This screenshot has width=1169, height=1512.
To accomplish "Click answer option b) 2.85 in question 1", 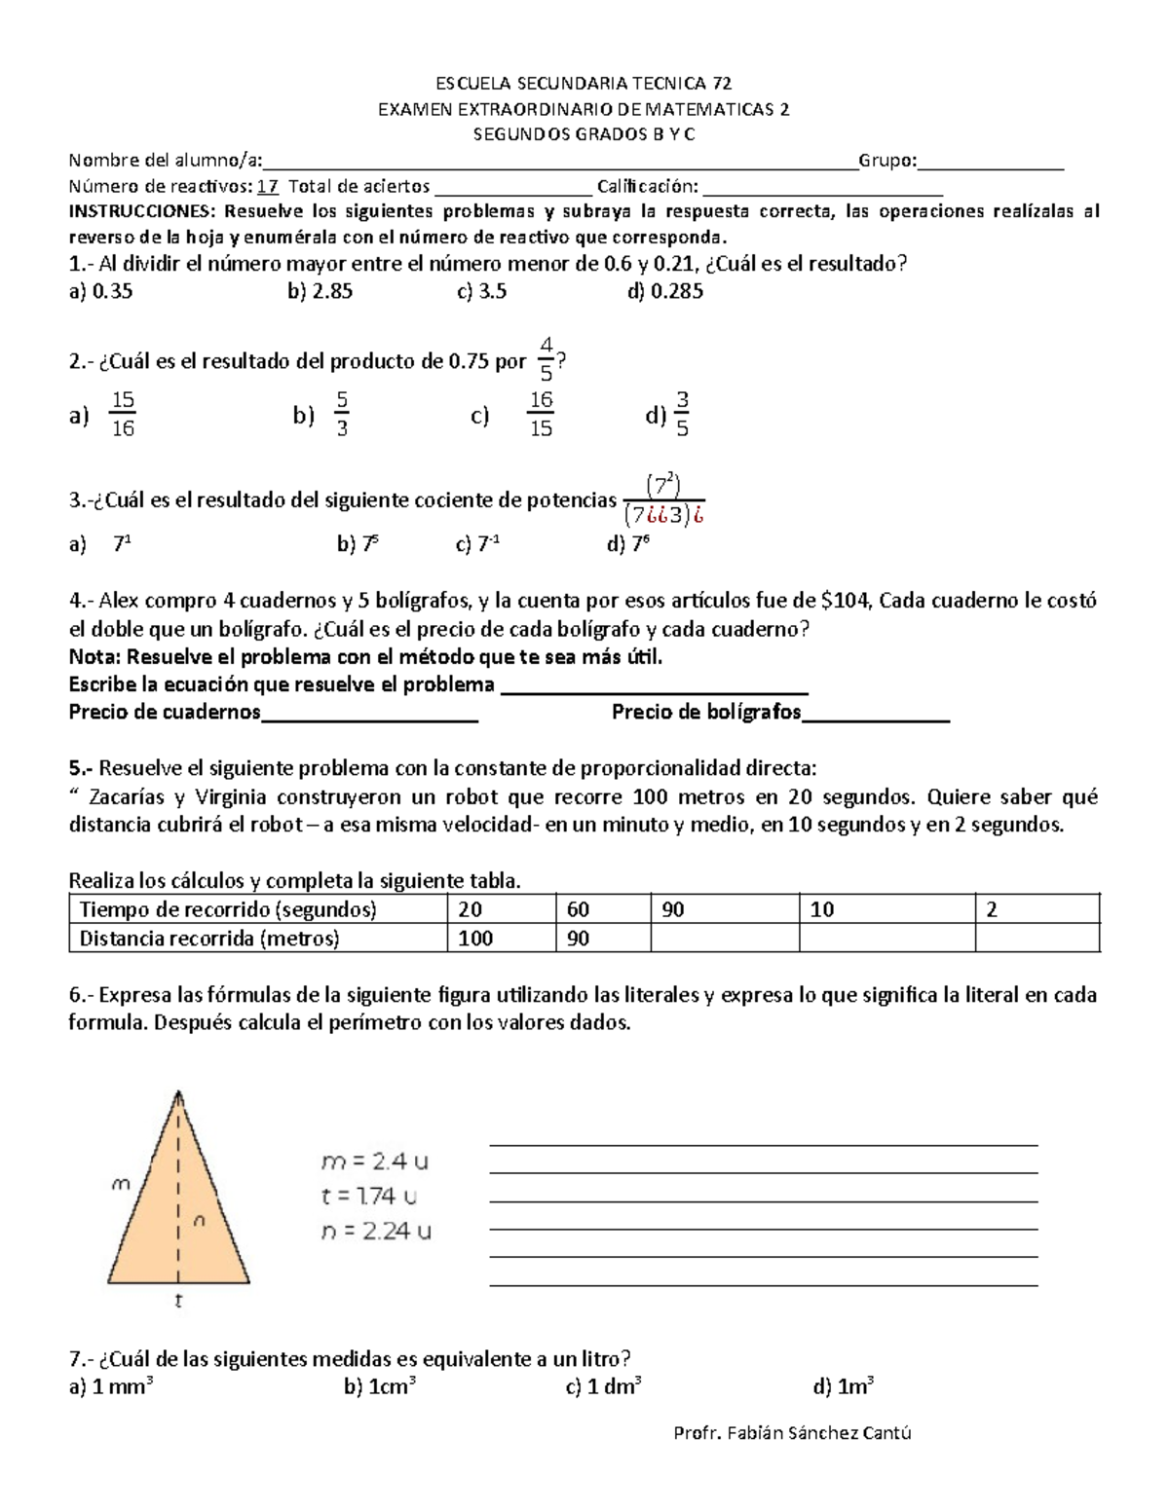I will [320, 291].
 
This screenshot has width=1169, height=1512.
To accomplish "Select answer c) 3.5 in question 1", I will [481, 291].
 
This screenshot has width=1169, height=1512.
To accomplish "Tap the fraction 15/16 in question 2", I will [123, 415].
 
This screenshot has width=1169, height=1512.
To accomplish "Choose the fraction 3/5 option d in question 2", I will [682, 415].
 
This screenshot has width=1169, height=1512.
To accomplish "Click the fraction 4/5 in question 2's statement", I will [546, 359].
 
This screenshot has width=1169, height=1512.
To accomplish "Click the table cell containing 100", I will [475, 939].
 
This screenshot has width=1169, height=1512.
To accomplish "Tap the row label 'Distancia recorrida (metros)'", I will [209, 939].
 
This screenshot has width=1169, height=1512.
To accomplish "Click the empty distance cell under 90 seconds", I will [724, 939].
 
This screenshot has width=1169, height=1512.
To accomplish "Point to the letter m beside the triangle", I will [121, 1185].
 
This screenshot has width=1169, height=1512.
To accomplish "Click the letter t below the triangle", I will [178, 1301].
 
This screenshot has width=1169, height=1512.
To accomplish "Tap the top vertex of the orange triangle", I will [178, 1094].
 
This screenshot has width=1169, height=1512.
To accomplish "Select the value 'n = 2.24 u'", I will [376, 1232].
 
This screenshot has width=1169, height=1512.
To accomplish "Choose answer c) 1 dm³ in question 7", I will [603, 1386].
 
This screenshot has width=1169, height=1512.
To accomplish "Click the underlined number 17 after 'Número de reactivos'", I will [269, 186].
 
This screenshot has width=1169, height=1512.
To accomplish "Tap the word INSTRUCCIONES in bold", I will [142, 211].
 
